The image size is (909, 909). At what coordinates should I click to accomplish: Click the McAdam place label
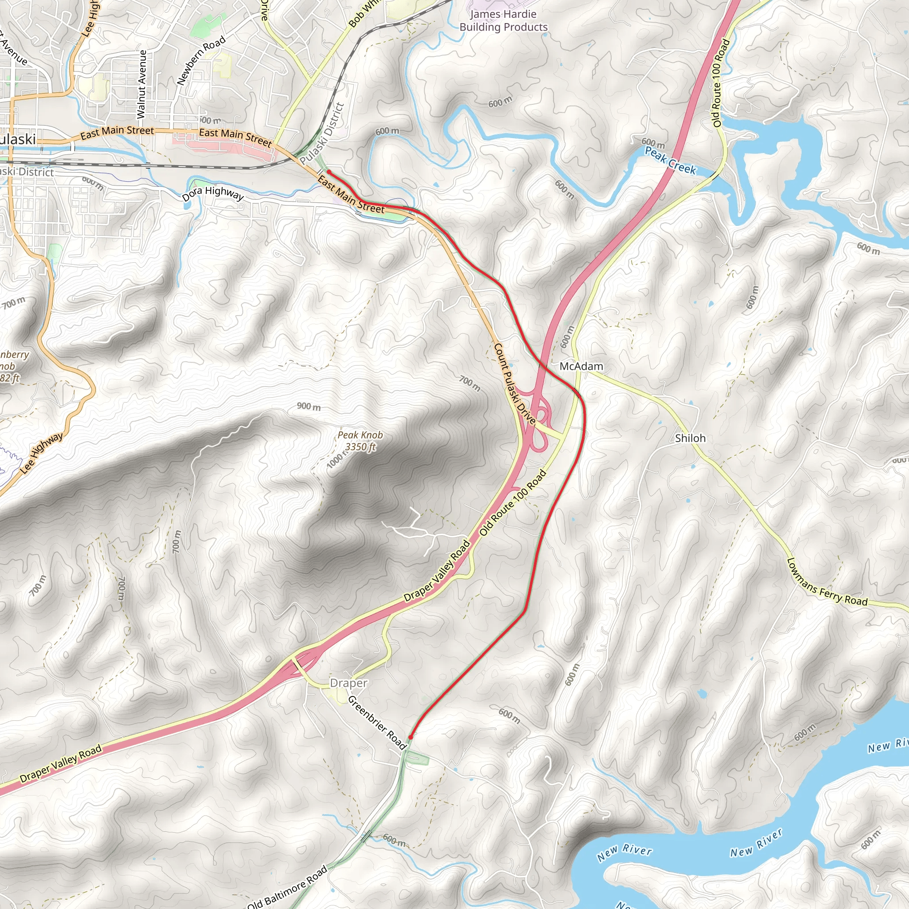pos(581,366)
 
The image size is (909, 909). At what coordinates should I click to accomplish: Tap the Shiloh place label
pos(690,438)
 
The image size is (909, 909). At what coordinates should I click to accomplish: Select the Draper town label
pos(348,683)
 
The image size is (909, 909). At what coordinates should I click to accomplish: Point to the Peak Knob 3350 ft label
pos(360,441)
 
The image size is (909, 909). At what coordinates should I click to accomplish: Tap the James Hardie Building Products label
pos(503,21)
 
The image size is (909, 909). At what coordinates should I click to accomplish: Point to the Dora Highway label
pos(213,194)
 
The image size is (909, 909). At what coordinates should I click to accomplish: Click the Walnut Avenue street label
pos(142,84)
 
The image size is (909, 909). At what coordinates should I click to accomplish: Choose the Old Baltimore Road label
pos(287,887)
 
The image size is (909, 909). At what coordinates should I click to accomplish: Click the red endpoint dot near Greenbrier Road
pos(411,737)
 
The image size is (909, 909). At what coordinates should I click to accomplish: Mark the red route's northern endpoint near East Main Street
pos(328,172)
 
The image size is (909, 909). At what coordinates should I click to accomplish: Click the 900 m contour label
pos(308,407)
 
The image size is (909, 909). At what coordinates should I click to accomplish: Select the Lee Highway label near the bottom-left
pos(41,452)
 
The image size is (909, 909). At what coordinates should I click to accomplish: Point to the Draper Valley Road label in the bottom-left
pos(61,763)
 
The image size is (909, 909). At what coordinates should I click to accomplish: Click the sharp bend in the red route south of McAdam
pos(524,612)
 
